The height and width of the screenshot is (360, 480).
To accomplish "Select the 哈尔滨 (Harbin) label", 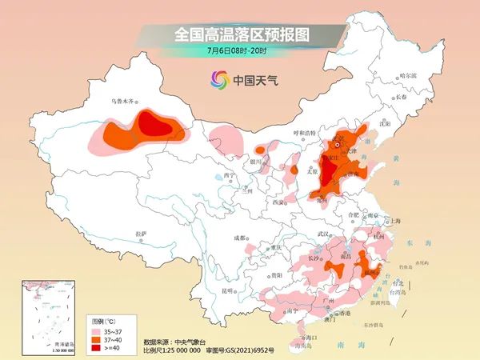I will [408, 74].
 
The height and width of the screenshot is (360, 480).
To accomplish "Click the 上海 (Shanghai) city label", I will [393, 220].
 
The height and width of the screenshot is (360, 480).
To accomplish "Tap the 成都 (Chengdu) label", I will [240, 237].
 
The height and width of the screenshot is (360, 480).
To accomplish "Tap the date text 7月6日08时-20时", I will [241, 50].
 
